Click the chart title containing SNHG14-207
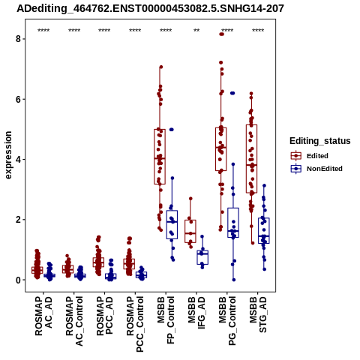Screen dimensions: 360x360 [x=150, y=8]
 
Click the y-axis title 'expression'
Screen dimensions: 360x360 [x=8, y=155]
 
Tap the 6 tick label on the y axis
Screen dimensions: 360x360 [x=19, y=99]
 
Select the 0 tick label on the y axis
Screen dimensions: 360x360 [x=19, y=280]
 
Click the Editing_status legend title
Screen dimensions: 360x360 [x=320, y=141]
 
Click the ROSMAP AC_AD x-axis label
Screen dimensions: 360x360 [x=43, y=316]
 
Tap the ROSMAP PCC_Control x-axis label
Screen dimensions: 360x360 [x=135, y=324]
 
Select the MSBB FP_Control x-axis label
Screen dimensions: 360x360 [x=166, y=321]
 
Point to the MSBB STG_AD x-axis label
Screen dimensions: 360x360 [x=258, y=314]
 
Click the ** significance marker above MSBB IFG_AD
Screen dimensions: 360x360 [x=196, y=31]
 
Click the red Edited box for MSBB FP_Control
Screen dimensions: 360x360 [x=160, y=157]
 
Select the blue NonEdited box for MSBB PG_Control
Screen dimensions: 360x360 [x=233, y=223]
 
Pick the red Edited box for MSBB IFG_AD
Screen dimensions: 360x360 [x=190, y=231]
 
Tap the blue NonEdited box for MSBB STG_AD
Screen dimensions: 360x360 [x=264, y=231]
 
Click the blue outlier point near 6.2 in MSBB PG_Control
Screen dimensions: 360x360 [x=232, y=93]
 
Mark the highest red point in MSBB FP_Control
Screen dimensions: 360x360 [x=161, y=67]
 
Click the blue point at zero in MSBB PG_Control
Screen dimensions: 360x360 [x=234, y=280]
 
